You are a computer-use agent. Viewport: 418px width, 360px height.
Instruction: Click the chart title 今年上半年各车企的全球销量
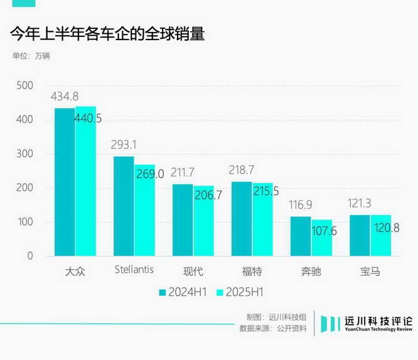pos(107,34)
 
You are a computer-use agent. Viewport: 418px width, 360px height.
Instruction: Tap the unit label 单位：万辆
pos(31,55)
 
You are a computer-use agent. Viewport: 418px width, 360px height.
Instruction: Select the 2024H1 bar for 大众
pos(65,182)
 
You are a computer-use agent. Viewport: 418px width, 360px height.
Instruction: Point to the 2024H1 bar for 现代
pos(183,220)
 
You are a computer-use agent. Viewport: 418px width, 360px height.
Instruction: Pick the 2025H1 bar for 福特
pos(262,220)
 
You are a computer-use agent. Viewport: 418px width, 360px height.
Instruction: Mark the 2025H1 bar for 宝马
pos(380,235)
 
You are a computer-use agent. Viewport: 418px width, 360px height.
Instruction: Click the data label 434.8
pos(65,97)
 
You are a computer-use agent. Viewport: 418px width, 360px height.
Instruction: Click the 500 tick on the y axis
pos(25,86)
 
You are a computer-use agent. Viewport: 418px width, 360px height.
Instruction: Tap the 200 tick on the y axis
pos(25,188)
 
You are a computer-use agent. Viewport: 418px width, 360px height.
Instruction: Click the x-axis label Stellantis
pos(134,270)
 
